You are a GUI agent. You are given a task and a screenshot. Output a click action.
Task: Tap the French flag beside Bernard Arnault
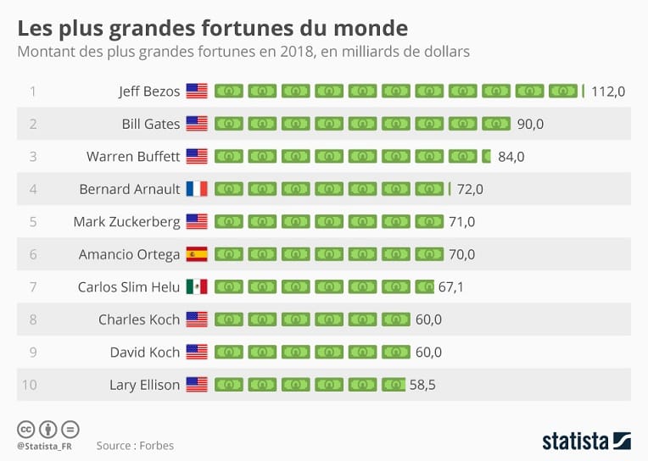point(197,189)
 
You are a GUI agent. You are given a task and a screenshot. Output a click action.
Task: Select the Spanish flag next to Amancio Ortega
point(197,254)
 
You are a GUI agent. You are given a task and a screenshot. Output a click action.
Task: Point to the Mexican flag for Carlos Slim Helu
point(197,286)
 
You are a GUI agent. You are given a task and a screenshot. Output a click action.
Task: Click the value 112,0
point(608,92)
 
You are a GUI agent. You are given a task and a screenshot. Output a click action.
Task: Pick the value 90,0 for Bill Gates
point(530,124)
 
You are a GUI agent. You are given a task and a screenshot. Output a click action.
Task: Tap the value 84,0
point(511,157)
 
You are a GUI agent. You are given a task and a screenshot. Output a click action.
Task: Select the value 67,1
point(450,287)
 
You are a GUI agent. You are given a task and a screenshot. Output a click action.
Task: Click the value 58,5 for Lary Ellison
point(422,385)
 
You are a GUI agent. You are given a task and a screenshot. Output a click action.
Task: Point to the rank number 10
point(30,385)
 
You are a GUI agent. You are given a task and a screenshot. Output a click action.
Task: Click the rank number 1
point(33,92)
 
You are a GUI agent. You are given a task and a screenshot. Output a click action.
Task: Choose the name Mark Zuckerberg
point(127,222)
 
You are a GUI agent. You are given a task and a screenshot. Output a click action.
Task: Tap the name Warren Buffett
point(133,157)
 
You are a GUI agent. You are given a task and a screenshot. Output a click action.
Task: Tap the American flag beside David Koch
point(197,352)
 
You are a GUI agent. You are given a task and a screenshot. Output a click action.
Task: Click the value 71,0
point(461,222)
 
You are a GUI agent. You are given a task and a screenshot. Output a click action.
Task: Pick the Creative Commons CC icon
point(26,429)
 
